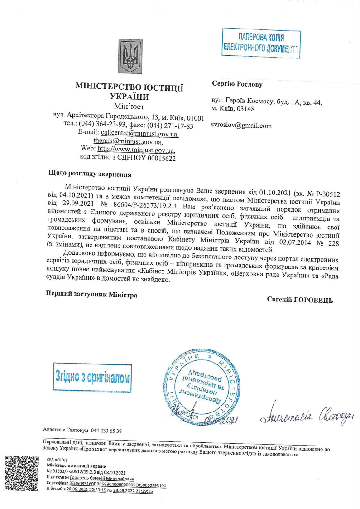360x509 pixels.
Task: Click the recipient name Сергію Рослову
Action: (237, 84)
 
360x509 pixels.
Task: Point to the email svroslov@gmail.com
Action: (241, 126)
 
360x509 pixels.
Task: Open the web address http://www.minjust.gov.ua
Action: (136, 149)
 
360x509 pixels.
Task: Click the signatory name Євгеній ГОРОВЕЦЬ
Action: (300, 300)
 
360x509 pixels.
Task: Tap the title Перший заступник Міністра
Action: (92, 294)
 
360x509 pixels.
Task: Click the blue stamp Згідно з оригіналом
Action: (92, 377)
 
